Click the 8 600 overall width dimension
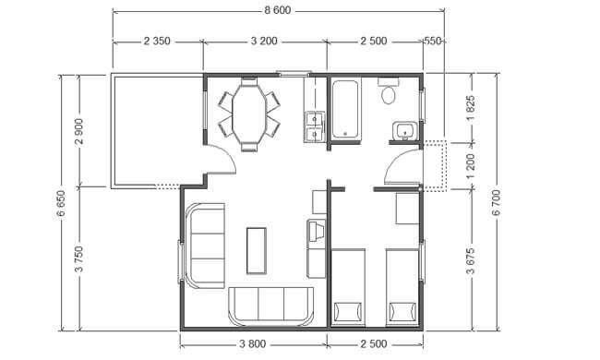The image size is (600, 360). (x=278, y=10)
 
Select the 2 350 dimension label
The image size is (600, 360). (x=157, y=41)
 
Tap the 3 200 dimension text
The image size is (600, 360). (x=264, y=41)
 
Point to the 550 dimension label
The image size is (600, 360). (x=433, y=41)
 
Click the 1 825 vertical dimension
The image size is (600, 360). (x=471, y=108)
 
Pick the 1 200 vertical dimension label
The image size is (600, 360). (x=471, y=166)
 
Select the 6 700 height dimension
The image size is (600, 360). (x=496, y=203)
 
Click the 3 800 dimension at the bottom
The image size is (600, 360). (x=253, y=344)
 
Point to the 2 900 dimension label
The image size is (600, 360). (x=79, y=132)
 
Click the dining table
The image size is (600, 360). (x=249, y=114)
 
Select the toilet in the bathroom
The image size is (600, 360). (x=389, y=91)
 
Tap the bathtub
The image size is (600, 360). (x=346, y=109)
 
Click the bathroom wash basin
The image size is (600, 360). (x=404, y=131)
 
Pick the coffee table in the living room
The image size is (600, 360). (x=257, y=250)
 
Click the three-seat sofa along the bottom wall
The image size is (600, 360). (x=270, y=306)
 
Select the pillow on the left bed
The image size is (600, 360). (x=348, y=312)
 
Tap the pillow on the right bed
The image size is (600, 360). (x=402, y=312)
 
